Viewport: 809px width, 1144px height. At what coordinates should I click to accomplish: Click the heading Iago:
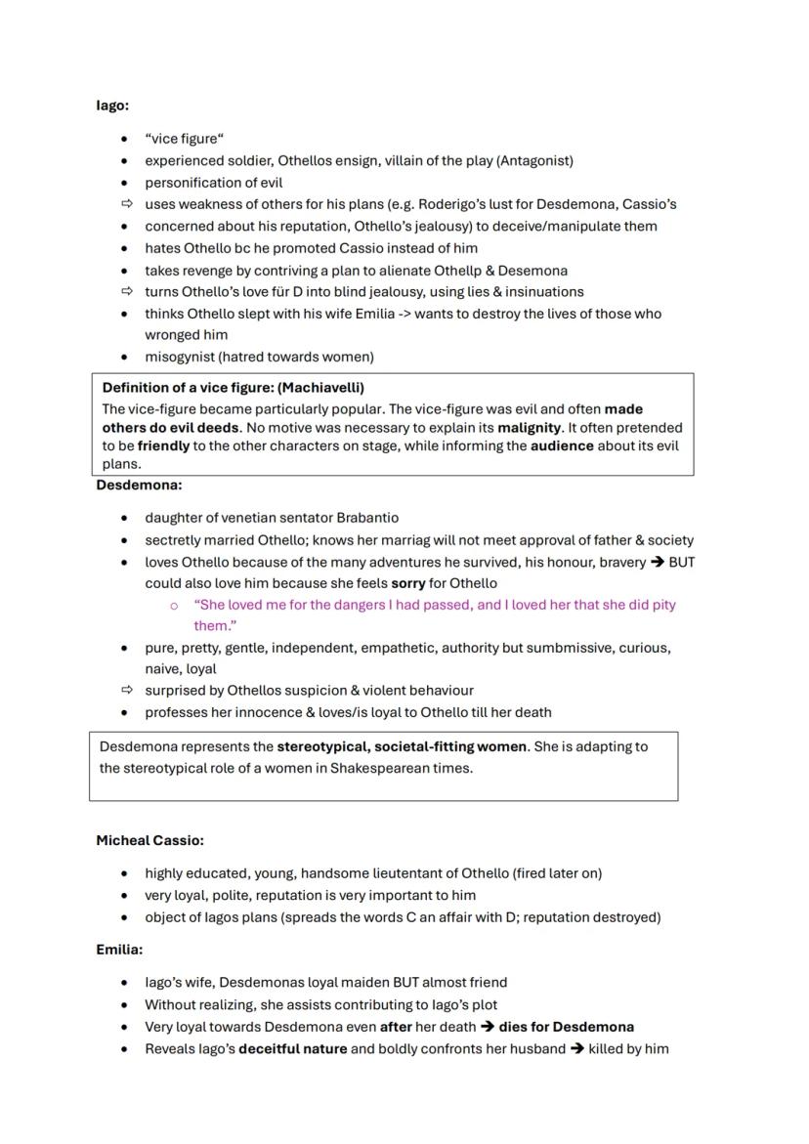click(x=112, y=105)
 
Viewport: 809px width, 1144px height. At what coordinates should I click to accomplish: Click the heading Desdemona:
click(x=139, y=485)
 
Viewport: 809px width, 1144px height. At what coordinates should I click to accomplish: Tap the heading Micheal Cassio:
click(x=149, y=840)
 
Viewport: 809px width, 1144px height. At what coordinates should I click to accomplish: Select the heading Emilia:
click(x=119, y=950)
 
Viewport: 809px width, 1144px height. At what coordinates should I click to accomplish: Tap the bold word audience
click(x=562, y=445)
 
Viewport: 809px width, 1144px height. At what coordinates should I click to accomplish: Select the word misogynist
click(x=182, y=357)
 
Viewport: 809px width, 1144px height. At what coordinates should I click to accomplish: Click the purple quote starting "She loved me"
click(x=434, y=606)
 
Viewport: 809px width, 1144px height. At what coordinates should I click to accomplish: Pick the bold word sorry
click(x=408, y=583)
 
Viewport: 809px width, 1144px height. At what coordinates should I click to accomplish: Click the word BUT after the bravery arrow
click(x=681, y=562)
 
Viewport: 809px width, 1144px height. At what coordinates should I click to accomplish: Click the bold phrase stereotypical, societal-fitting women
click(x=402, y=746)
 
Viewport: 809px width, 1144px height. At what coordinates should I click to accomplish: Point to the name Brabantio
click(x=367, y=518)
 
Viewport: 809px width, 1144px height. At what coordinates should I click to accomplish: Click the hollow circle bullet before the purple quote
click(x=174, y=606)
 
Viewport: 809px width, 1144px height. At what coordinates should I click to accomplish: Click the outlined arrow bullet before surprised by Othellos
click(x=124, y=691)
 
